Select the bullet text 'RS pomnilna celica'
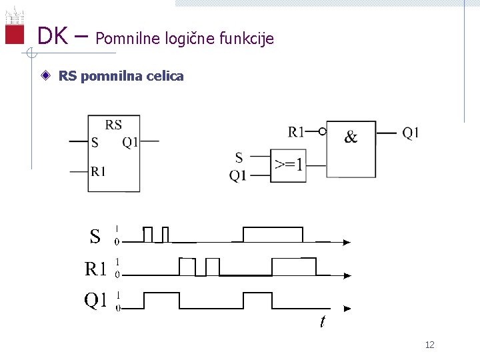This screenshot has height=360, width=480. click(121, 76)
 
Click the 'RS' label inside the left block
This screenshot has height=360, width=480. click(114, 124)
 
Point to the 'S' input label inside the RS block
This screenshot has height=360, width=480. click(95, 142)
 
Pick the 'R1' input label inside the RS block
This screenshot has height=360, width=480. click(98, 172)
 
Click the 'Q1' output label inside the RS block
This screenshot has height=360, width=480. click(130, 141)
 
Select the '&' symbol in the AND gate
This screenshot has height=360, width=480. click(351, 137)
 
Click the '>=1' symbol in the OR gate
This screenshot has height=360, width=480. click(289, 165)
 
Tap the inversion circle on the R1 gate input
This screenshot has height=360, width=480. click(323, 131)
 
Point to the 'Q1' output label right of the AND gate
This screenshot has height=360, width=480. click(411, 132)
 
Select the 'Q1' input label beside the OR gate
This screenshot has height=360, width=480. click(238, 175)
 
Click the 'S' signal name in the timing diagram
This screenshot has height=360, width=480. click(95, 236)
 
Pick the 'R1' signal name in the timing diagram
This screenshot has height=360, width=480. click(96, 269)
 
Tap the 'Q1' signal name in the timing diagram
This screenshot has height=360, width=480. click(95, 301)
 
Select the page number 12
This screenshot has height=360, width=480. click(429, 345)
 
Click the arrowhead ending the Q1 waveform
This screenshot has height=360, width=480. click(347, 309)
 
